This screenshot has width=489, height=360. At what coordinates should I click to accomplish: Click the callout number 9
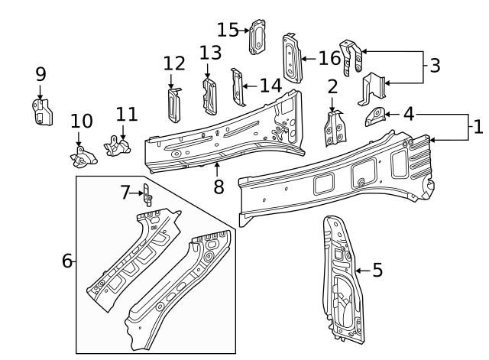(40, 74)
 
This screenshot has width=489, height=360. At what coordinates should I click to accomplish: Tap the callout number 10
(81, 121)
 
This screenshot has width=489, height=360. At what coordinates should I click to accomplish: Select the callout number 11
(127, 115)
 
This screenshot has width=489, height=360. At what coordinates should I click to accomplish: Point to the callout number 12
(174, 63)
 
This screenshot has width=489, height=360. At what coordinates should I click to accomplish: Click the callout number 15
(228, 30)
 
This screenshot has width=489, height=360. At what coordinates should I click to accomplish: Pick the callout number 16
(329, 58)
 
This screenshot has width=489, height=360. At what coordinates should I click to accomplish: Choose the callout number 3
(435, 66)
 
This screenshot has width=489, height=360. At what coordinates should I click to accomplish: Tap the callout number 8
(219, 186)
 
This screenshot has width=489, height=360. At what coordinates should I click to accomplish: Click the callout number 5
(377, 271)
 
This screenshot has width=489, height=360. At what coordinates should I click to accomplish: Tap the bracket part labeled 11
(117, 145)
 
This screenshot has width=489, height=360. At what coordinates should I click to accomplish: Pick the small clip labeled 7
(147, 196)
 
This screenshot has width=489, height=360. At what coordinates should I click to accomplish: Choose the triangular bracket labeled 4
(374, 116)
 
